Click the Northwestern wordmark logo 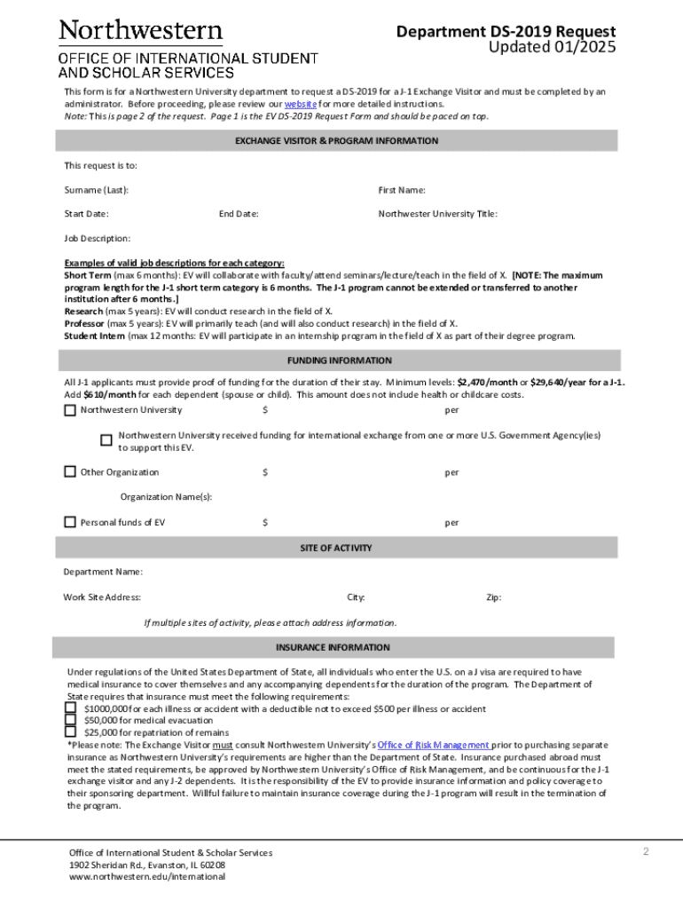pos(141,32)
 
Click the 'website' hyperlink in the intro pos(300,104)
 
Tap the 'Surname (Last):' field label pos(96,190)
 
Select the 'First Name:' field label pos(402,190)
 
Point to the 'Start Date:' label pos(86,214)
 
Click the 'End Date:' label pos(239,214)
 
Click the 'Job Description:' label pos(97,239)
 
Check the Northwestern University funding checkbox pos(70,410)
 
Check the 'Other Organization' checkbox pos(70,472)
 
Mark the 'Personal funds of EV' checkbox pos(70,522)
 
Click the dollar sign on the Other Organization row pos(265,472)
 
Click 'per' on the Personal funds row pos(451,523)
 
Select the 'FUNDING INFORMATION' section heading pos(339,361)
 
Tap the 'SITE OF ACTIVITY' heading pos(336,548)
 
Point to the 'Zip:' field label pos(493,597)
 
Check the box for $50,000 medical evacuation pos(71,721)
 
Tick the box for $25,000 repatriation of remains pos(71,732)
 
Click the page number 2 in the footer pos(647,852)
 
